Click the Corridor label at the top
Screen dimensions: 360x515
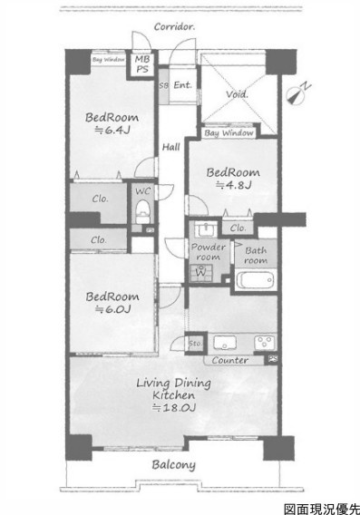(x=174, y=26)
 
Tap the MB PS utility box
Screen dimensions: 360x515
(x=142, y=64)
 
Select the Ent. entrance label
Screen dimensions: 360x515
(x=182, y=85)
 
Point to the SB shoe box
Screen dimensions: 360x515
(x=163, y=85)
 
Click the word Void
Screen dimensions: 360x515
(x=237, y=94)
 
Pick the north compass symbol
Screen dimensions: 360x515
(x=297, y=94)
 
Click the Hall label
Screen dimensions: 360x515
(x=170, y=147)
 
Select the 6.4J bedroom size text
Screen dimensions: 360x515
(x=112, y=130)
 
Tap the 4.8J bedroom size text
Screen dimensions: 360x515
(x=234, y=185)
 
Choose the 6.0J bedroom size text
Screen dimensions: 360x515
(x=113, y=309)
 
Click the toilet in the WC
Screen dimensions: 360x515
(x=142, y=210)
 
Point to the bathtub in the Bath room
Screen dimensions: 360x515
(x=255, y=280)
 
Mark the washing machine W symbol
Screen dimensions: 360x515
(x=200, y=271)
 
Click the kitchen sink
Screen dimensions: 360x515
(x=225, y=343)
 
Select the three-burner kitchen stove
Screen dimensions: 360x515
(x=265, y=342)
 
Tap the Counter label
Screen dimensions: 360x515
(x=230, y=360)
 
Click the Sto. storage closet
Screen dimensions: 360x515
(x=196, y=344)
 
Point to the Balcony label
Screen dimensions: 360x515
(x=174, y=465)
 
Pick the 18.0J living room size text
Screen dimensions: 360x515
(x=174, y=408)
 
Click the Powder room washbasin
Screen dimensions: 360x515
(x=206, y=228)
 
